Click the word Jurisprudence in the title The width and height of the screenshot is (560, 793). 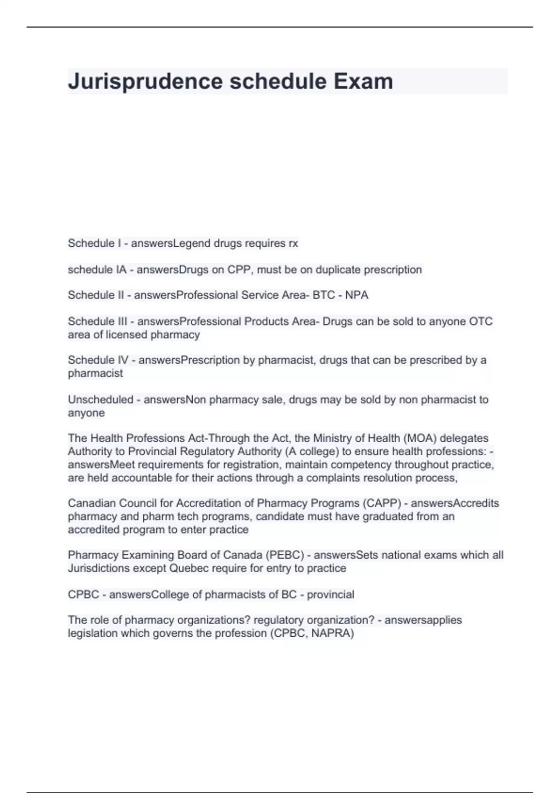pyautogui.click(x=145, y=82)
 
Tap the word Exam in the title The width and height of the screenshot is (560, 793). pyautogui.click(x=363, y=82)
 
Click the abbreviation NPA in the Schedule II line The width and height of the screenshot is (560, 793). pyautogui.click(x=357, y=295)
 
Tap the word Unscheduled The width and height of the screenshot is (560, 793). pyautogui.click(x=100, y=400)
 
